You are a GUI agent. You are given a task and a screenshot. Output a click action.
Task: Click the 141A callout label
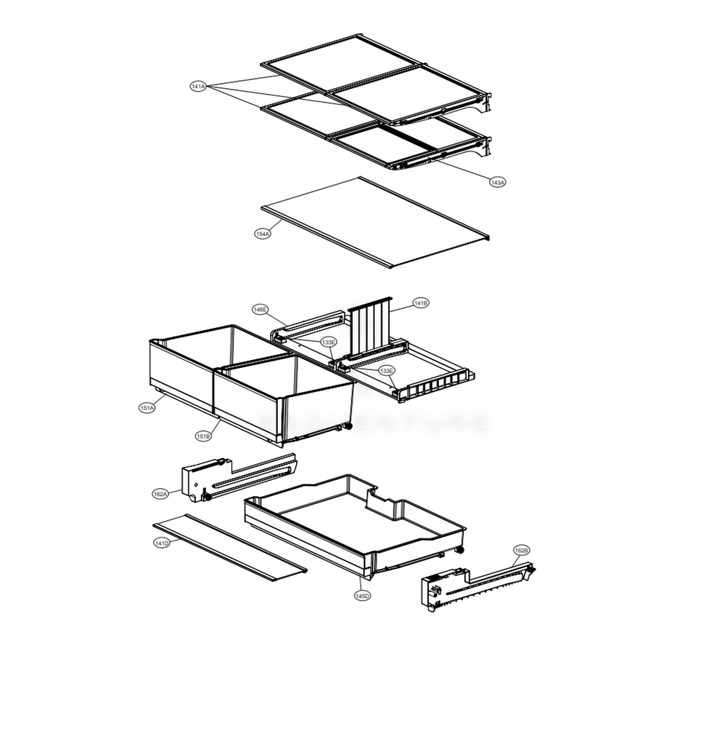(x=198, y=87)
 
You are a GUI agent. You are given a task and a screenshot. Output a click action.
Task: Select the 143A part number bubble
(x=497, y=182)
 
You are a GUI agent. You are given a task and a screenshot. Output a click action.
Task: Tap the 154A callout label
(x=263, y=234)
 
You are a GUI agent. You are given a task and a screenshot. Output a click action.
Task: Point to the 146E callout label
(x=261, y=310)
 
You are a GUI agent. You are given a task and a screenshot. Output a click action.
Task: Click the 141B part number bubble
(x=421, y=302)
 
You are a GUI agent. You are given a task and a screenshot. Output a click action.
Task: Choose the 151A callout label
(x=147, y=408)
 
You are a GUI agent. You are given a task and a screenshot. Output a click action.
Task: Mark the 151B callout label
(x=203, y=436)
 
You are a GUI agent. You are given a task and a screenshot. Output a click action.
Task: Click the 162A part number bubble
(x=161, y=494)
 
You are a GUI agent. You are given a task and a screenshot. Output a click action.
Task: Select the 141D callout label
(x=162, y=543)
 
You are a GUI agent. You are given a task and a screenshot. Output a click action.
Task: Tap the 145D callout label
(x=362, y=596)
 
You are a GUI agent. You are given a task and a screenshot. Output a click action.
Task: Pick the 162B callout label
(x=521, y=550)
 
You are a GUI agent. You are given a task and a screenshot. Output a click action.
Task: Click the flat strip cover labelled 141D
(x=229, y=546)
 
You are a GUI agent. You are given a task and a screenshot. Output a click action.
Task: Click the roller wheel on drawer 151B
(x=349, y=426)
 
